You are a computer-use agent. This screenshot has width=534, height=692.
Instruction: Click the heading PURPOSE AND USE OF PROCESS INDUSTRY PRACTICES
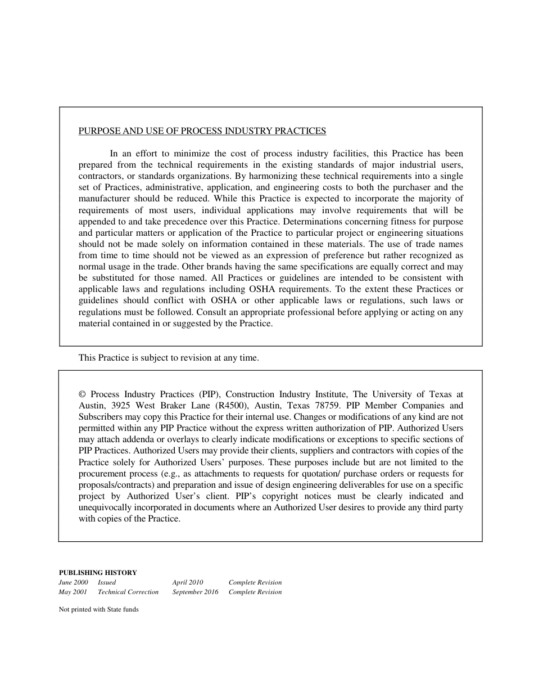click(x=202, y=131)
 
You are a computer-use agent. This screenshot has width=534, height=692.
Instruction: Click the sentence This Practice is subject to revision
click(x=169, y=357)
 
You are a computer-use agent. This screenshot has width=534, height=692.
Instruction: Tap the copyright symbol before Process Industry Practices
click(x=83, y=394)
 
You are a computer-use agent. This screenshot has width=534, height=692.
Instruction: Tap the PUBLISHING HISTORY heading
click(x=98, y=573)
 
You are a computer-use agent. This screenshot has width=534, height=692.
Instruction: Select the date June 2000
click(x=73, y=582)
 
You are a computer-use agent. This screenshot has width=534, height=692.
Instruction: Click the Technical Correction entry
click(x=128, y=592)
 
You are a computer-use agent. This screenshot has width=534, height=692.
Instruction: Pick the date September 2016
click(x=196, y=592)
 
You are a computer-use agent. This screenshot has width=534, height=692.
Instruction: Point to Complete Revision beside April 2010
click(x=255, y=582)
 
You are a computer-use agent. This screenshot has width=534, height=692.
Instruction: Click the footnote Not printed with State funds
click(x=99, y=609)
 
